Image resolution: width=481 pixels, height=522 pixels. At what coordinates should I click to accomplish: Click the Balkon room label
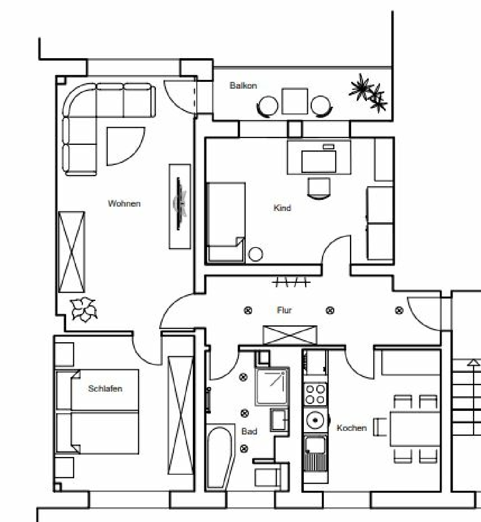pos(243,86)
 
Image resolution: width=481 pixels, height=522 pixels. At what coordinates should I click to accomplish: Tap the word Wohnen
pos(124,204)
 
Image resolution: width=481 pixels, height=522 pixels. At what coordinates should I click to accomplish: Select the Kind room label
pos(282,208)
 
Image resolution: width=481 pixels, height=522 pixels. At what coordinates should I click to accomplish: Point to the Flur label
pos(284,310)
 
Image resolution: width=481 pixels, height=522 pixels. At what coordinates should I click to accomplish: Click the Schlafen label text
pos(105,388)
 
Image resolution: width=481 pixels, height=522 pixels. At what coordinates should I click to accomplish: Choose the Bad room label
pos(249,431)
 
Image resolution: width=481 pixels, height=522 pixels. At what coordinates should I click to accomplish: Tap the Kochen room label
pos(352,428)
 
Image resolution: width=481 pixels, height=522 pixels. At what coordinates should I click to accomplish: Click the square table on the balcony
pos(295,101)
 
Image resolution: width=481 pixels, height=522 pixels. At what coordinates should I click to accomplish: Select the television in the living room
pos(180,204)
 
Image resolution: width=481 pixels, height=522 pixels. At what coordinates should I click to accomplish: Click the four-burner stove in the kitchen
pos(315,394)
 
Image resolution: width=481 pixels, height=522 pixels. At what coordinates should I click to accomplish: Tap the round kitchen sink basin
pos(315,420)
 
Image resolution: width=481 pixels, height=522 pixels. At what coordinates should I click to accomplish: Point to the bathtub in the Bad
pos(221,457)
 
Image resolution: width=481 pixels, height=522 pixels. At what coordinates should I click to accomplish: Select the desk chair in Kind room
pos(319,188)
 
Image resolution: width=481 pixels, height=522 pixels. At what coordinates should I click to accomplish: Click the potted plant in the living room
pos(83,309)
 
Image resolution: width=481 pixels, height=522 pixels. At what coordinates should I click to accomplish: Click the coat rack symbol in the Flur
pos(291,282)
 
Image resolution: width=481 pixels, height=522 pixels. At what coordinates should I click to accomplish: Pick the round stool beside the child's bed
pos(255,254)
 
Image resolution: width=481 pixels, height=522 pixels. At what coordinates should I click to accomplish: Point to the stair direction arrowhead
pos(474,362)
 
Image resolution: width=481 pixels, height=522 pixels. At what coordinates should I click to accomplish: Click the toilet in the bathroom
pos(271,474)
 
